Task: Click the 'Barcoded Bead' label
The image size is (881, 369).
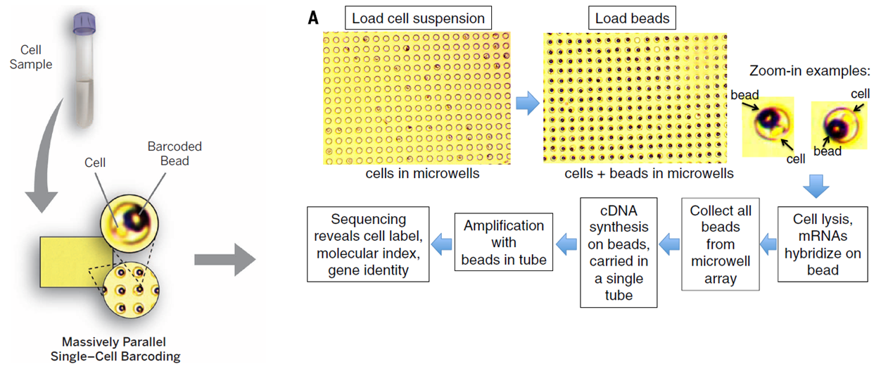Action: point(175,154)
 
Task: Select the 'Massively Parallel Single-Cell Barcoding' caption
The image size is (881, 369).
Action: point(115,350)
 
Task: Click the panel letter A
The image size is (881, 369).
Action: point(313,17)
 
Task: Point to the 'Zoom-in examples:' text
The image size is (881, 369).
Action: point(810,71)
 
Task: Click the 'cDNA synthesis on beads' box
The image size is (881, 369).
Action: point(619,251)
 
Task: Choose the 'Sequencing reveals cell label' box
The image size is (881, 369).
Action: point(368,244)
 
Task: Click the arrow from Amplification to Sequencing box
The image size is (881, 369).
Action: point(442,244)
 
